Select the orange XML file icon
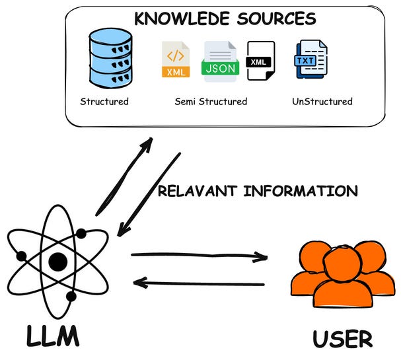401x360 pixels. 176,61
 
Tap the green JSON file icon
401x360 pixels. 220,61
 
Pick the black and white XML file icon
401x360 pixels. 260,61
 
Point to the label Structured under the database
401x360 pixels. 104,102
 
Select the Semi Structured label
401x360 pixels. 211,102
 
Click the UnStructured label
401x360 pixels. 322,102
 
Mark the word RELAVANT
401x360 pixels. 198,192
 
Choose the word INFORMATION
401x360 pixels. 301,192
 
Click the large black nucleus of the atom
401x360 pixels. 58,262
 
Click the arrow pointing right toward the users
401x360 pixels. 198,256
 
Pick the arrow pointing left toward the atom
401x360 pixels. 198,284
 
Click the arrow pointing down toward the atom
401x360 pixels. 149,195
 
